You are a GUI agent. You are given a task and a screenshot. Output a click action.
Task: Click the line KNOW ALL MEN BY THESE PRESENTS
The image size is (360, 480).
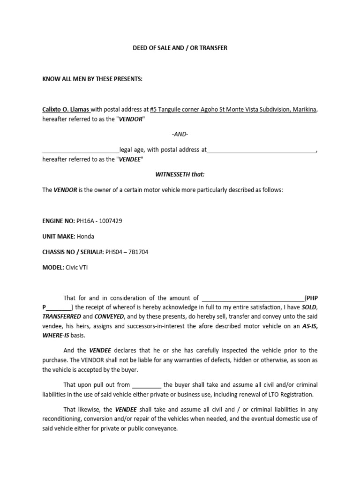click(92, 79)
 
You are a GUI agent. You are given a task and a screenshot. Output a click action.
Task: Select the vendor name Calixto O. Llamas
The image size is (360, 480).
click(66, 110)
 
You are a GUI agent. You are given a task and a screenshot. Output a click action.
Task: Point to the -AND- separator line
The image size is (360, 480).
click(180, 135)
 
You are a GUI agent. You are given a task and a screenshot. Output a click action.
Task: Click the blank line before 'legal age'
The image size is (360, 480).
click(81, 150)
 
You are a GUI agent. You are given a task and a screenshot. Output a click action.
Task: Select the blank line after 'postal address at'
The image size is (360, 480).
click(262, 150)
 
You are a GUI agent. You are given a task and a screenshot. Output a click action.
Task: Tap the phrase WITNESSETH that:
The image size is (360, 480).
click(180, 174)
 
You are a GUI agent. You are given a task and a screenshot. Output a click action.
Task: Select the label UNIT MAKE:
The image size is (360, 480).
click(59, 236)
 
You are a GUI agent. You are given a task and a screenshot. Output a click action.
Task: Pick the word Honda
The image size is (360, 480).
click(85, 236)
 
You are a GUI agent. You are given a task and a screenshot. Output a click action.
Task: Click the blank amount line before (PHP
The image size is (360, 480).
click(252, 298)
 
